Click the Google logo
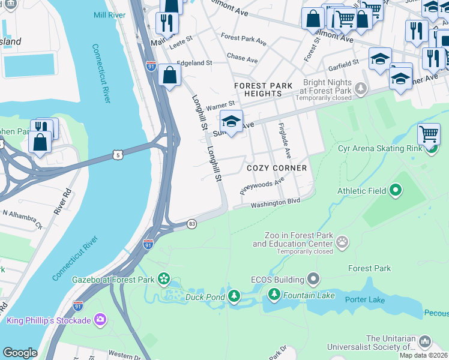pos(20,353)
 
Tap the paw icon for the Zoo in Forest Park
pos(342,242)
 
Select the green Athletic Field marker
pos(395,191)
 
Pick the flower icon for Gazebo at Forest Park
pos(163,279)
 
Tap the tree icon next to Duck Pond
pos(234,296)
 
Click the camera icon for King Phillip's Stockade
pos(100,320)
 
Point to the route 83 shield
pos(191,224)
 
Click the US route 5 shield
pos(118,155)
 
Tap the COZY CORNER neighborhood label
pos(277,168)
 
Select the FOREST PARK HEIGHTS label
pos(264,90)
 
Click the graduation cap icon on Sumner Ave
pos(231,121)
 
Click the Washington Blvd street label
pos(274,203)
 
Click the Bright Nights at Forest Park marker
pos(360,89)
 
